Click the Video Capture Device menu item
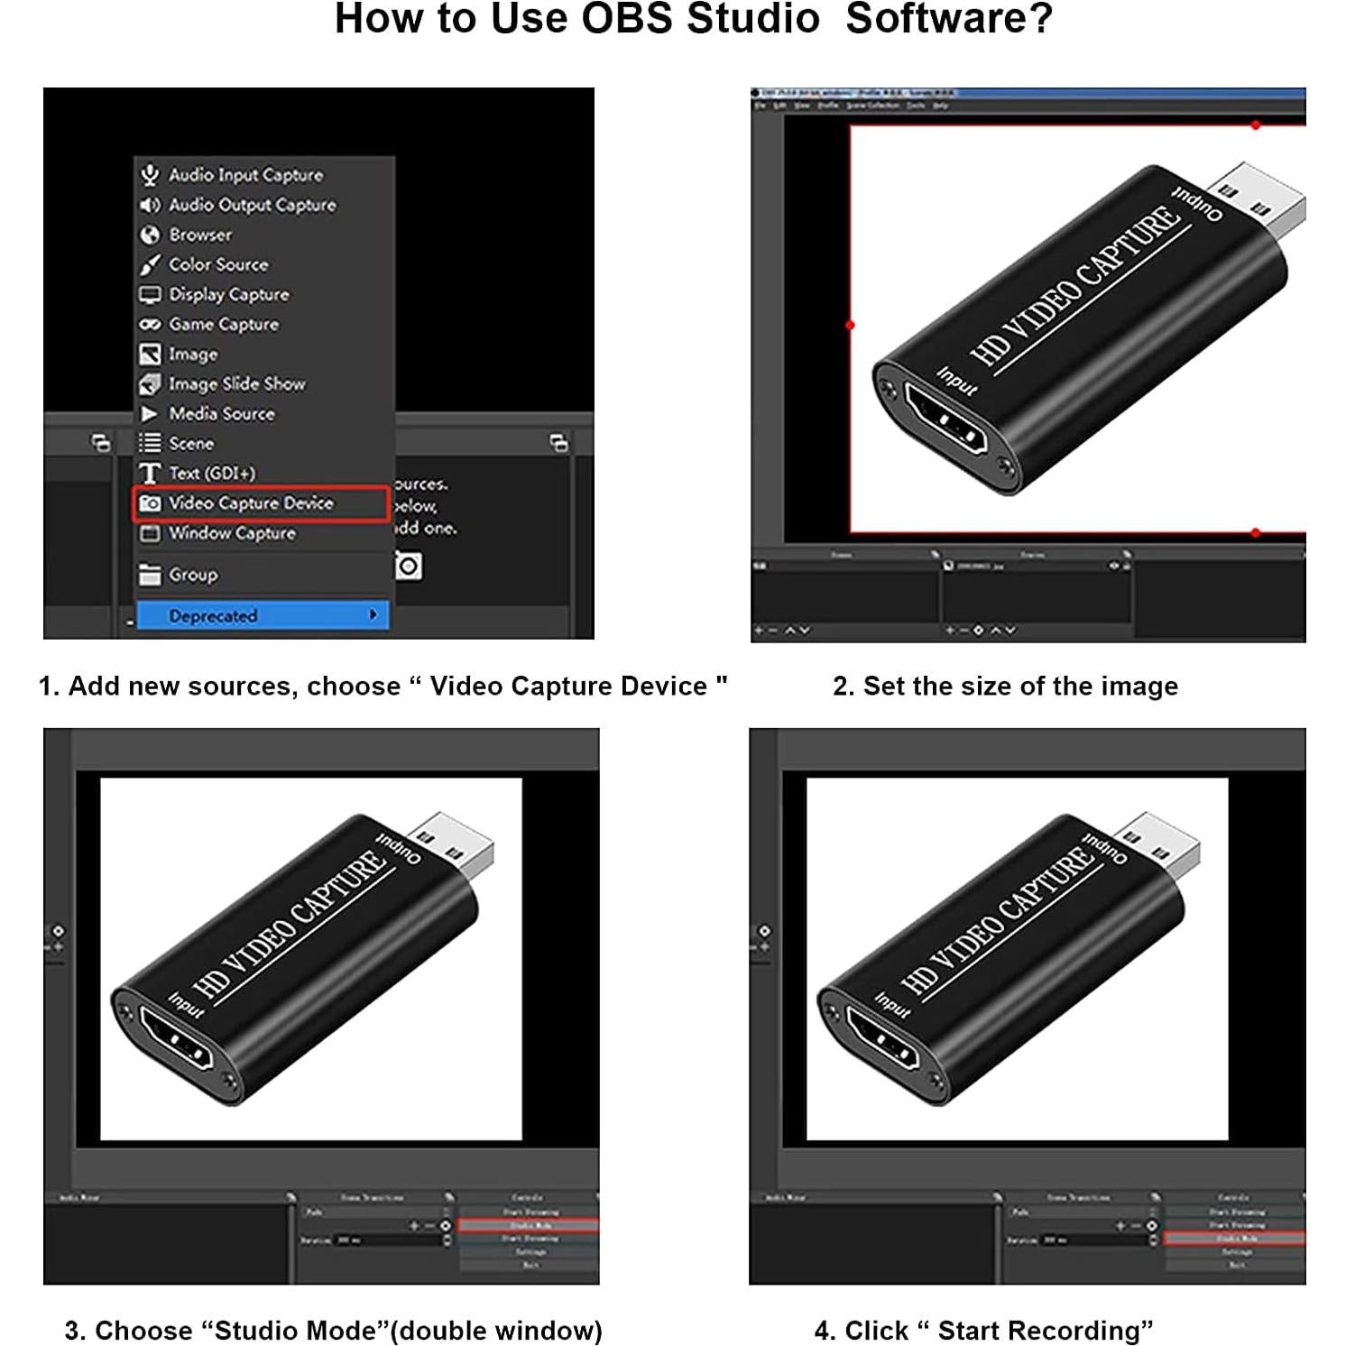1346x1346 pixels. pos(251,503)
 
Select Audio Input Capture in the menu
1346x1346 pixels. pos(245,175)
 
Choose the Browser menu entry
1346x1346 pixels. pos(200,235)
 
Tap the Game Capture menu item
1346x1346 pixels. pos(224,324)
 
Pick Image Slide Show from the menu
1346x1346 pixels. pos(236,383)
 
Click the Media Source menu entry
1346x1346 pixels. pos(222,413)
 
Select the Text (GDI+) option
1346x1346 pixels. pos(212,473)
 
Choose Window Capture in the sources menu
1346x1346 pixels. pos(232,533)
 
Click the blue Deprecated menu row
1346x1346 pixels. pos(263,615)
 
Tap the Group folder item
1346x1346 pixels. pos(193,575)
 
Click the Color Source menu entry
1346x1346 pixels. pos(218,264)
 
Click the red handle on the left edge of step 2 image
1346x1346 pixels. pos(850,325)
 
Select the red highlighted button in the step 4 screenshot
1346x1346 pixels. pos(1235,1239)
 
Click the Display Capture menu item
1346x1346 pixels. pos(229,294)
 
